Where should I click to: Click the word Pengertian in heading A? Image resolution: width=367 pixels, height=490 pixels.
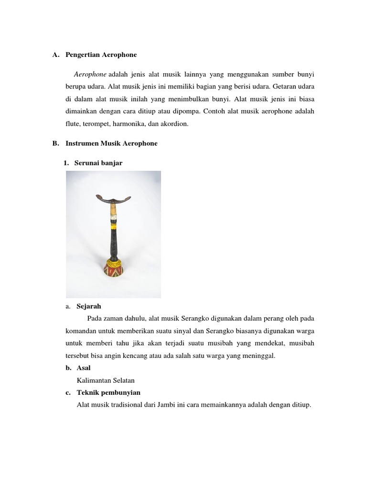tap(84, 55)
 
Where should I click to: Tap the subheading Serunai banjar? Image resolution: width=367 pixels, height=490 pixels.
tap(98, 163)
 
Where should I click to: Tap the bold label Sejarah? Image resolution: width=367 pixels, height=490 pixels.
tap(89, 306)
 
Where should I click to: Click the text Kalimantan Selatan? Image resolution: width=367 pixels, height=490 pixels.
tap(106, 380)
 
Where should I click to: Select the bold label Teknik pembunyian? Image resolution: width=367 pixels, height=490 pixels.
tap(108, 393)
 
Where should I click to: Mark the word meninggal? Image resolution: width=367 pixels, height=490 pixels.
tap(258, 356)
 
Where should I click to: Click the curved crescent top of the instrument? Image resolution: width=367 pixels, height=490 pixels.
tap(113, 188)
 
